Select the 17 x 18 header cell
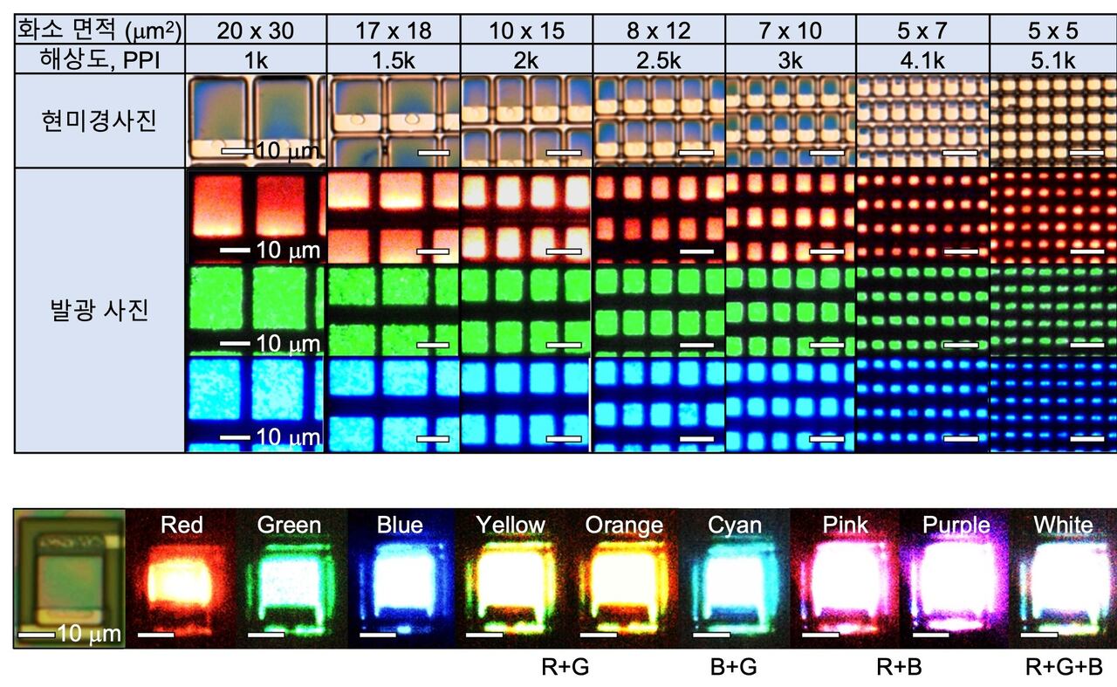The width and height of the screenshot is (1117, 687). (x=394, y=31)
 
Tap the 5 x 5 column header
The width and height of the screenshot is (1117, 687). (x=1052, y=31)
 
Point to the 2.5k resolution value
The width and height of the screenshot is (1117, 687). (x=659, y=60)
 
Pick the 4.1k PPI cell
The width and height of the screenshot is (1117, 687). (x=922, y=60)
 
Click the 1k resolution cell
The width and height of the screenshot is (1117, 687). (x=256, y=60)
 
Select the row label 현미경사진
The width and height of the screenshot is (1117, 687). (x=99, y=120)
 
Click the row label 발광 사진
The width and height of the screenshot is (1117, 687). (x=99, y=310)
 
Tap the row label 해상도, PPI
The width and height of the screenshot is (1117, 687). (x=99, y=60)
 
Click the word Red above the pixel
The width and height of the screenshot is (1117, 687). (x=182, y=525)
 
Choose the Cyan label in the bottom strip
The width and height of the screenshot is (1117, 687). (x=735, y=526)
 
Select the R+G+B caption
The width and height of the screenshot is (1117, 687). (x=1064, y=668)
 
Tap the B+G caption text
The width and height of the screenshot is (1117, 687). (x=734, y=668)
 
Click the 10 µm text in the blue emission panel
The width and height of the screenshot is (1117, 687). (x=288, y=437)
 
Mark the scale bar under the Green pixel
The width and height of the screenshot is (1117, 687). (x=266, y=635)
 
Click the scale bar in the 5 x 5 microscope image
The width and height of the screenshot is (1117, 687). (x=1086, y=153)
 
